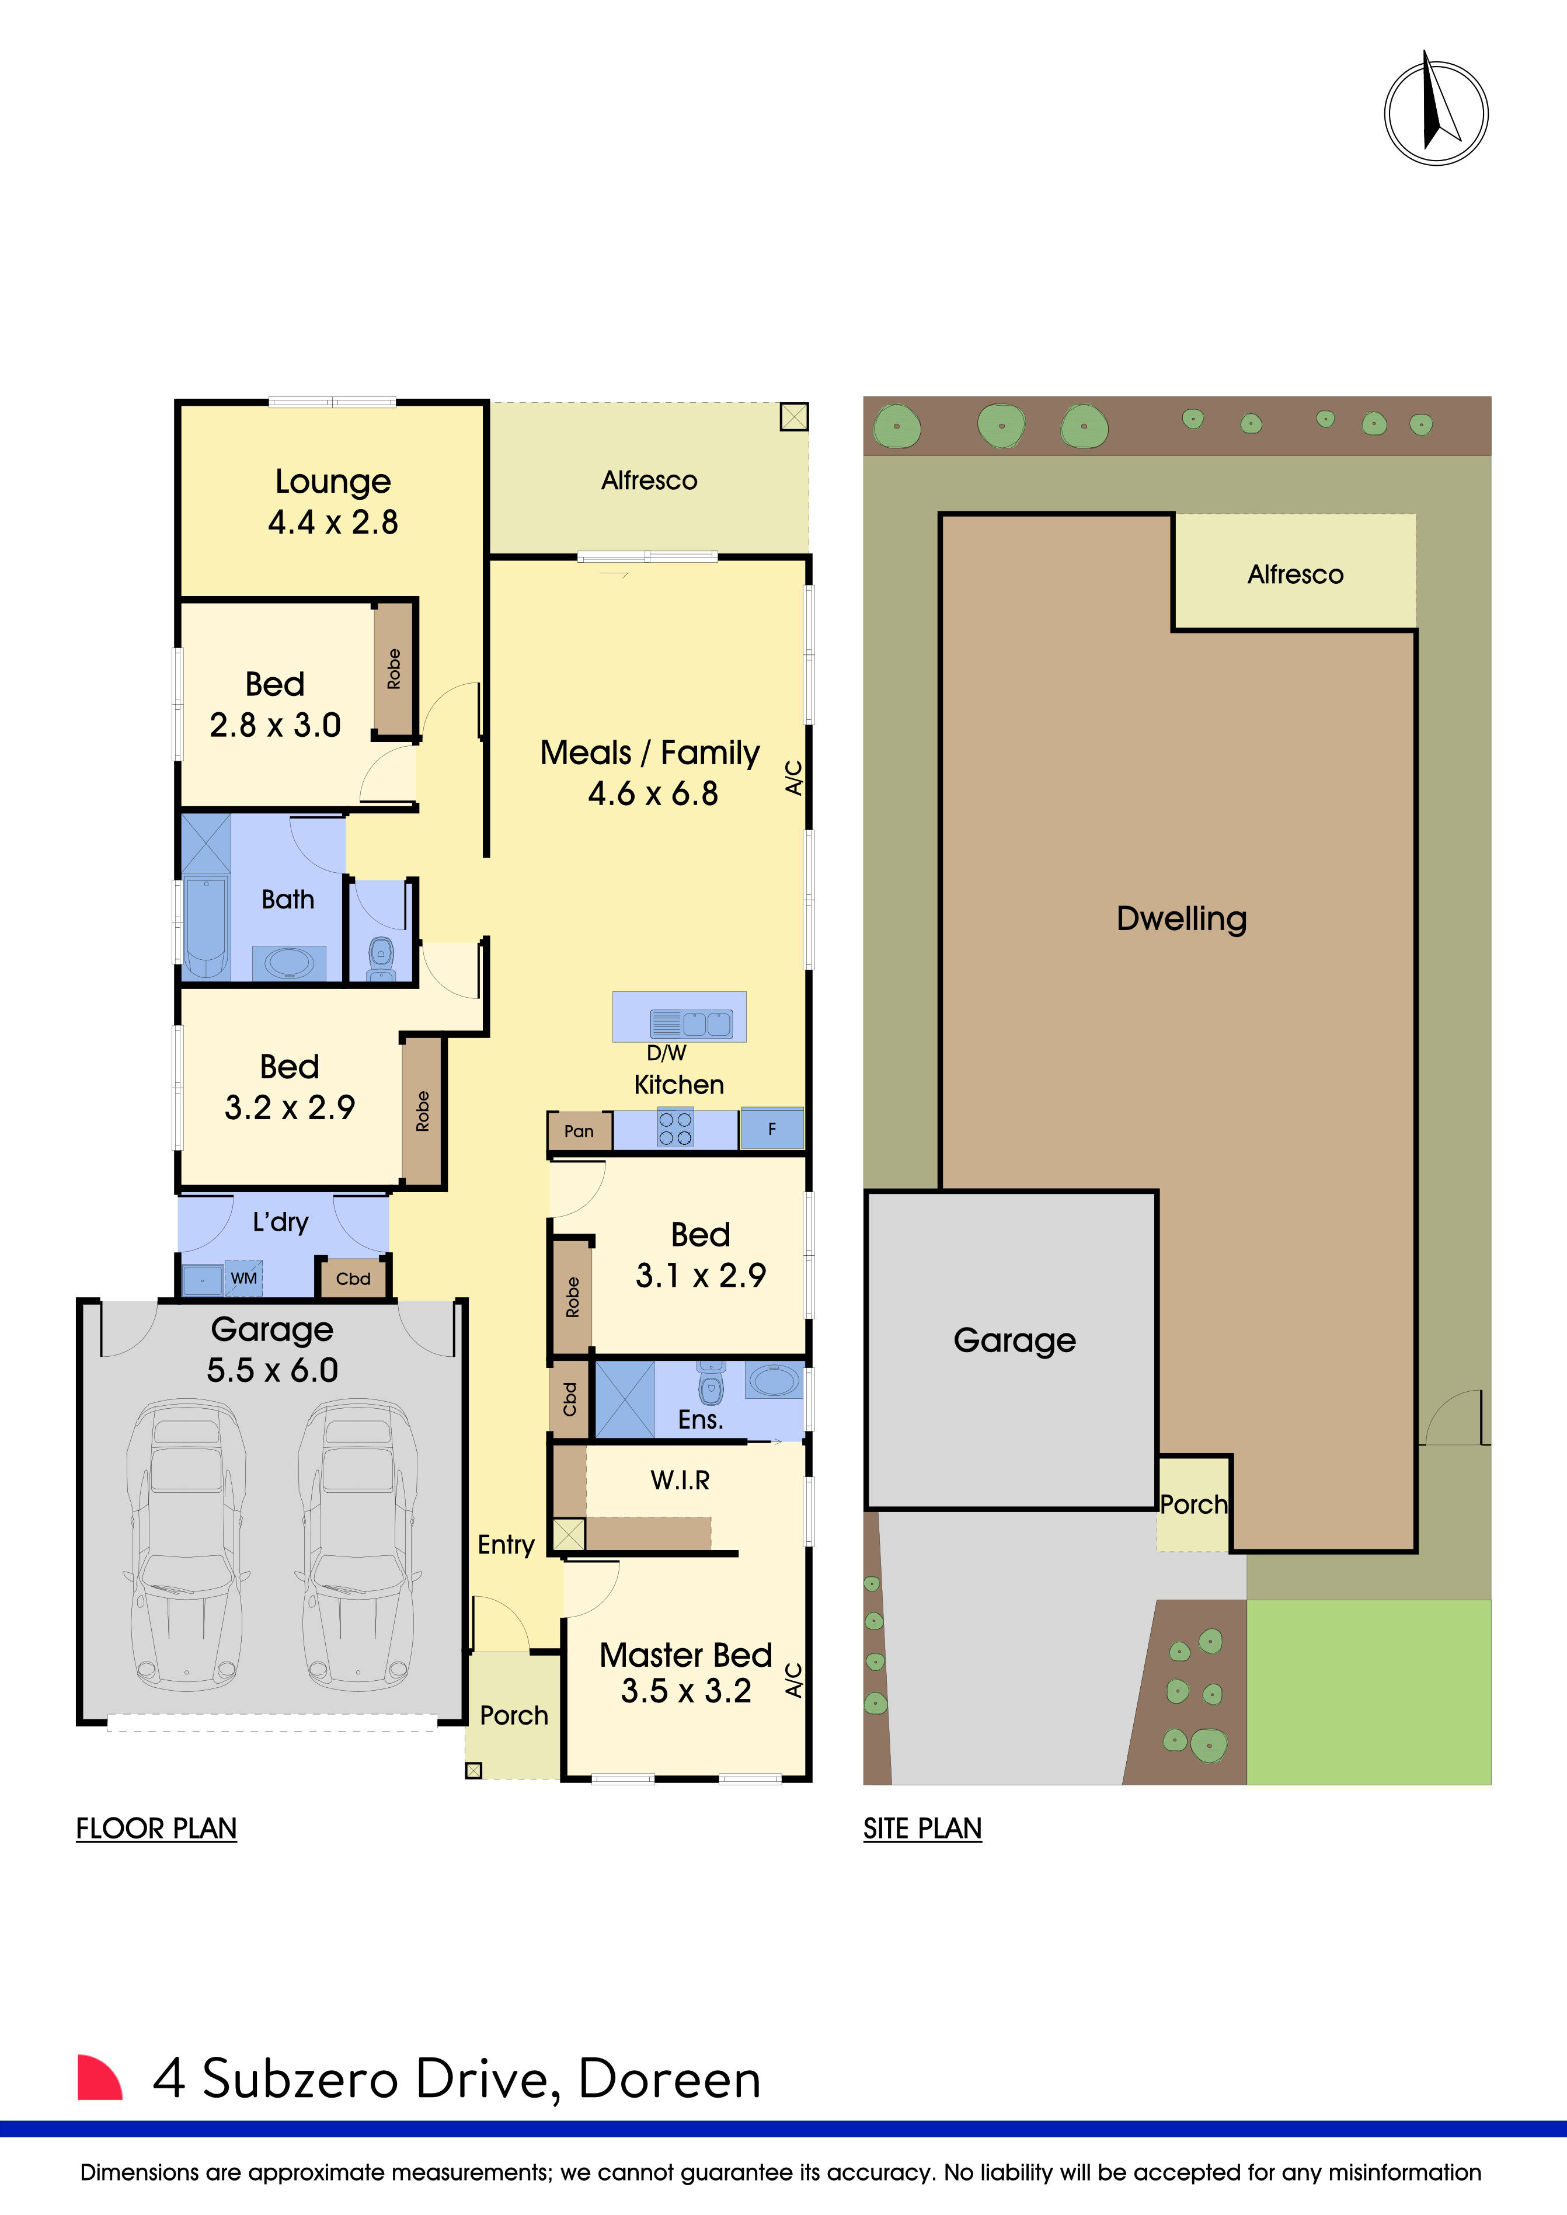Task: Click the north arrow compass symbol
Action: click(x=1436, y=112)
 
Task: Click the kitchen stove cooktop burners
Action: click(x=675, y=1128)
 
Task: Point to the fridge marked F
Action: click(x=772, y=1129)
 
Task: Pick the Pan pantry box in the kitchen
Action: click(x=579, y=1131)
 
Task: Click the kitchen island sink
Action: click(x=707, y=1023)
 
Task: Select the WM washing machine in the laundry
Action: click(x=243, y=1278)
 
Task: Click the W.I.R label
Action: click(x=680, y=1480)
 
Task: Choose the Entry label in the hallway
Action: click(x=506, y=1545)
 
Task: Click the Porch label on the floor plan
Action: click(x=514, y=1715)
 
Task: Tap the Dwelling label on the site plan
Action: click(x=1182, y=918)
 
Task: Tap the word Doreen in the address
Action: click(x=670, y=2079)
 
